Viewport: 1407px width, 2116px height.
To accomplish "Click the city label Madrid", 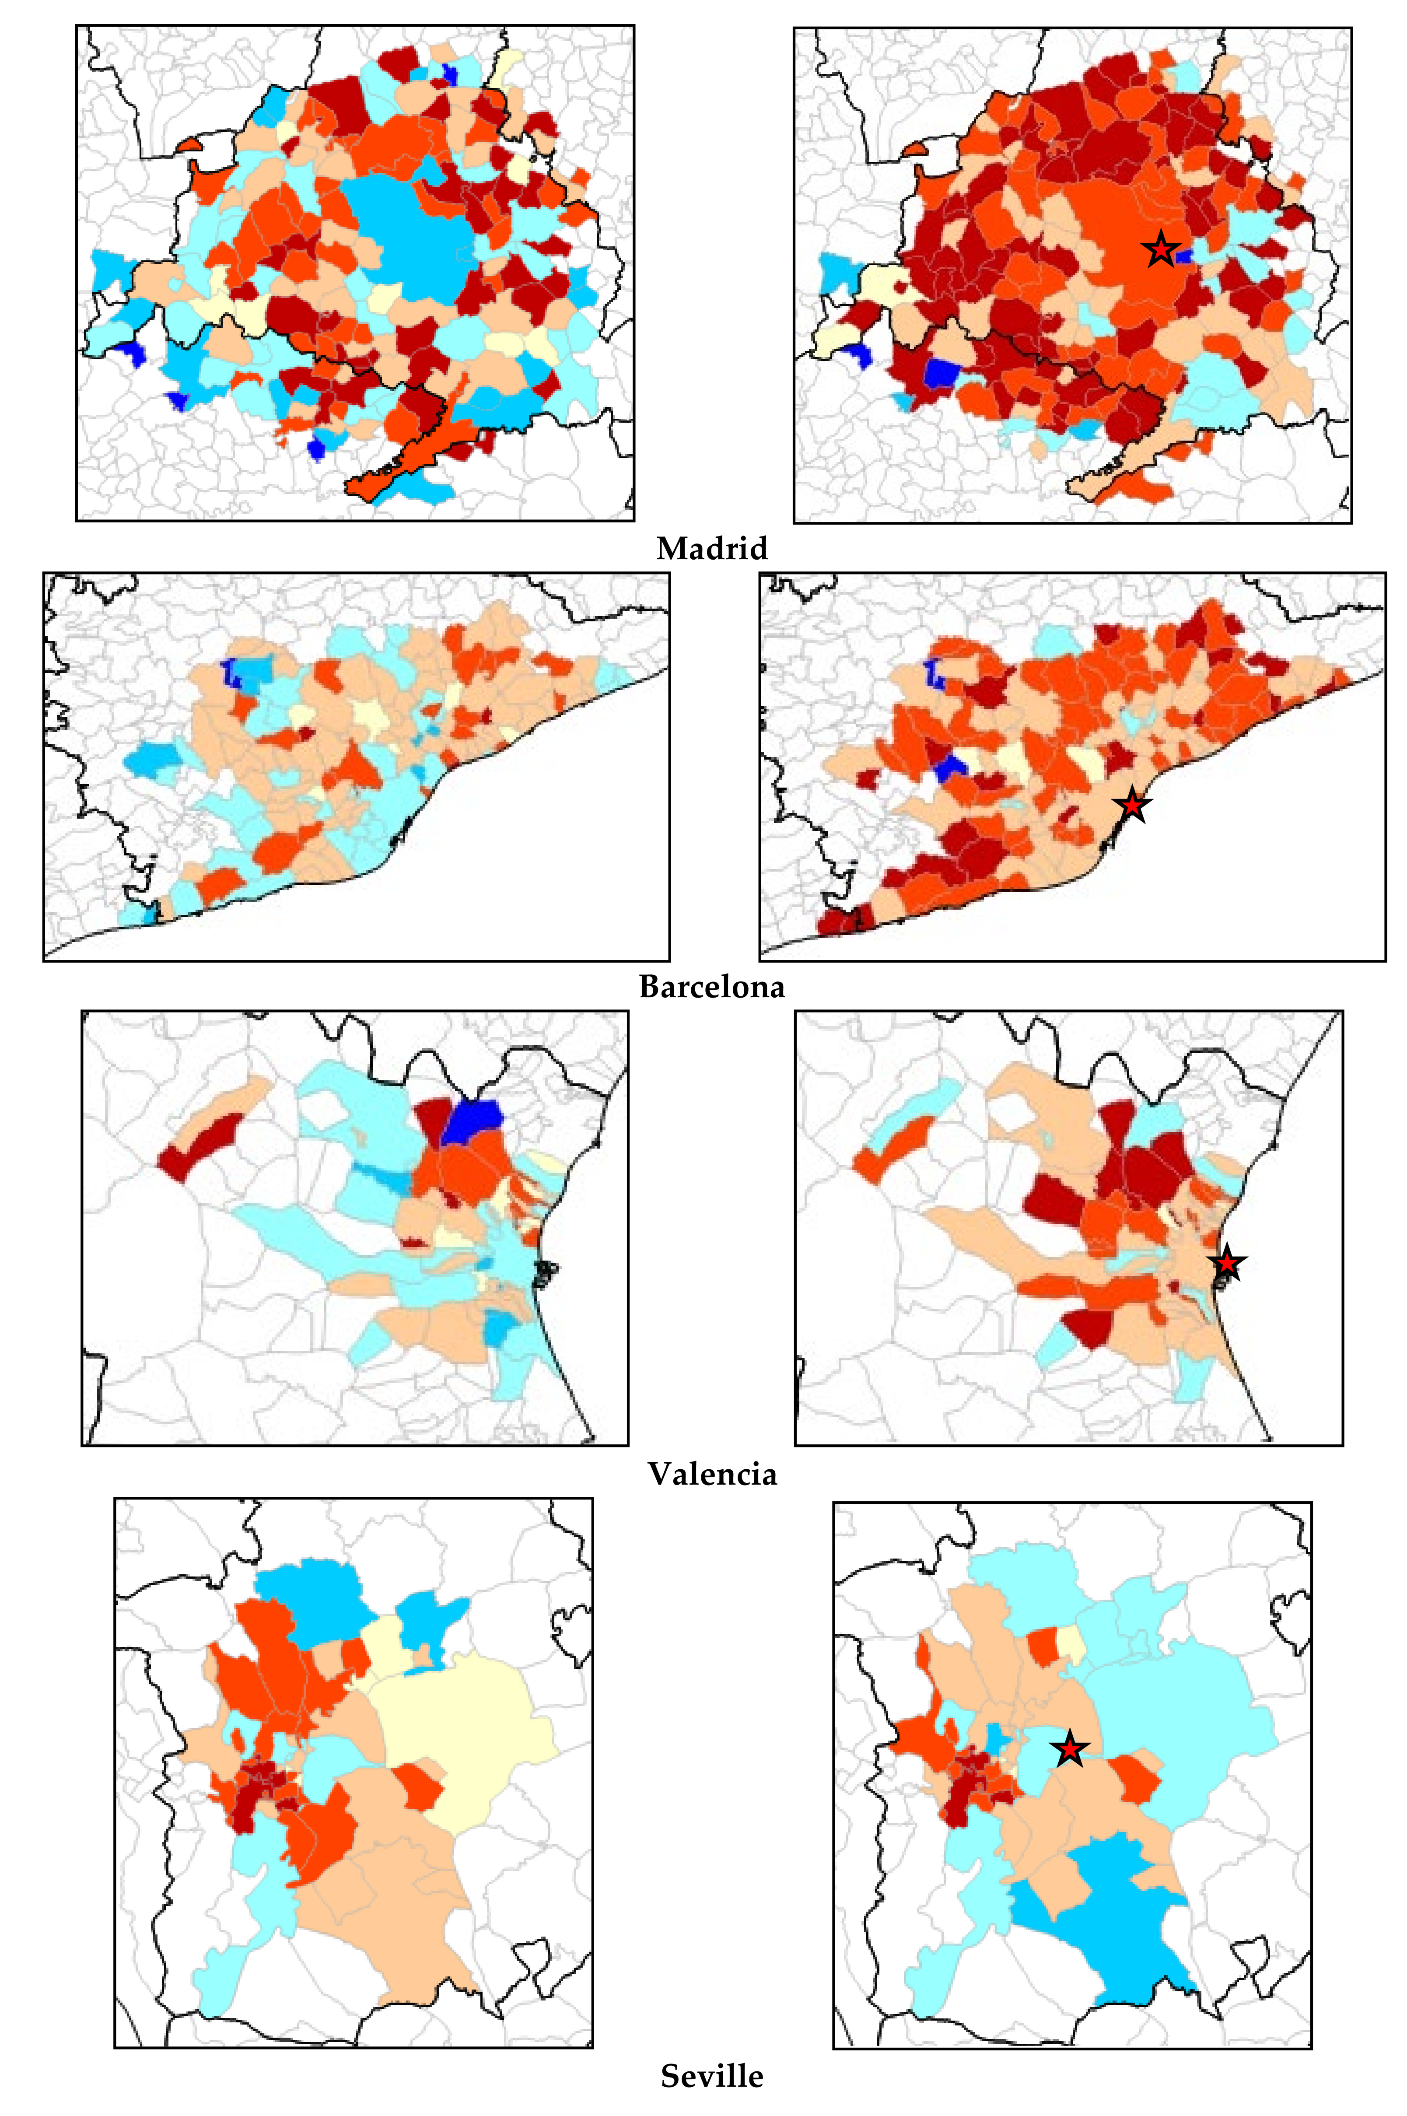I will (711, 548).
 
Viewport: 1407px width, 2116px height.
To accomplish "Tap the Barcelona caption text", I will (711, 987).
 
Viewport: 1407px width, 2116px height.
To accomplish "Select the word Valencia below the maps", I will (711, 1475).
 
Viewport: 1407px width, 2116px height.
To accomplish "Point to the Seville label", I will (711, 2076).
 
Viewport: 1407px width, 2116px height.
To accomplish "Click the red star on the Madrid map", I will (1160, 249).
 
